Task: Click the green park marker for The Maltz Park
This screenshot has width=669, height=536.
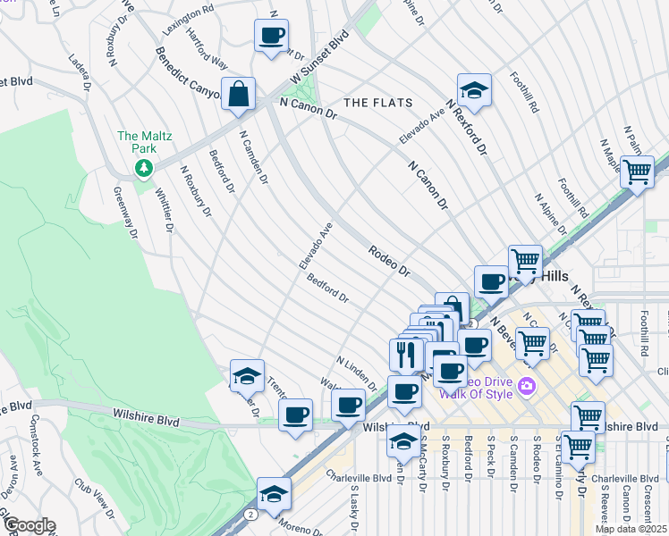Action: tap(141, 167)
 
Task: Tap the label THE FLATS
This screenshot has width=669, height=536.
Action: tap(378, 103)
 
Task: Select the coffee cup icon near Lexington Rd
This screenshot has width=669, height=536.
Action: tap(271, 36)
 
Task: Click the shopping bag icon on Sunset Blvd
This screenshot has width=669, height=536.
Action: tap(239, 94)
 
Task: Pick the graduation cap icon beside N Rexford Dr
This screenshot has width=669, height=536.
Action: tap(474, 89)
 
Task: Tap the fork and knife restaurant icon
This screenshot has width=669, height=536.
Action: tap(406, 354)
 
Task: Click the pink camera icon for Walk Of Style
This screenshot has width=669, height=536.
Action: tap(528, 386)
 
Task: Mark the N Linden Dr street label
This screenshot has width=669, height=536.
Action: tap(357, 374)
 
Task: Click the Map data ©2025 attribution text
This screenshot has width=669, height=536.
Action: tap(631, 529)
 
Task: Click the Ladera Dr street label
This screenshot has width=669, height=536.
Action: tap(80, 74)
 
